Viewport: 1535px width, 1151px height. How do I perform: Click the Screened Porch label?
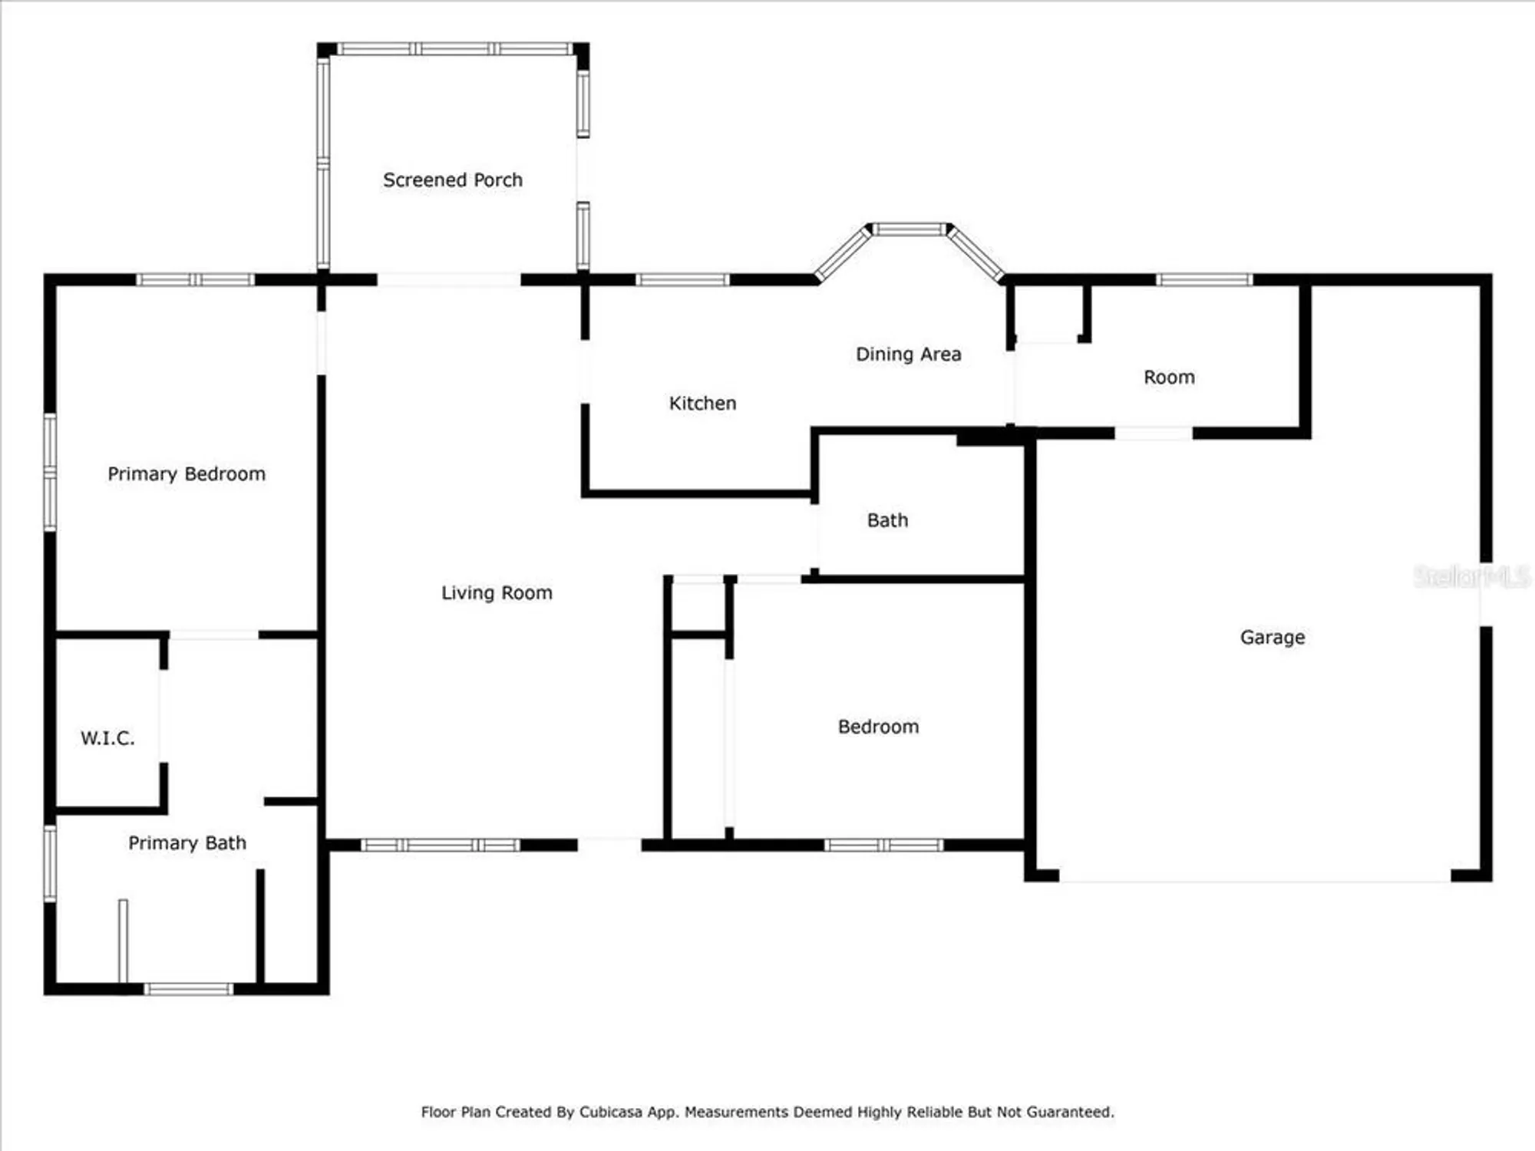(453, 180)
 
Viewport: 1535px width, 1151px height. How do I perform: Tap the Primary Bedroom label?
(187, 474)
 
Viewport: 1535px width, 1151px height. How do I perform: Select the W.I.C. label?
(107, 738)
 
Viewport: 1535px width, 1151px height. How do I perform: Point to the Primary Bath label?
(187, 843)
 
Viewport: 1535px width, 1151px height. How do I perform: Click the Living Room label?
(497, 593)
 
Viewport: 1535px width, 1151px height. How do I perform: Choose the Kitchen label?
(702, 404)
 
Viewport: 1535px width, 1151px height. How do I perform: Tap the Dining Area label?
(908, 355)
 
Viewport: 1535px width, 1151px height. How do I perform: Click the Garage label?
(1273, 638)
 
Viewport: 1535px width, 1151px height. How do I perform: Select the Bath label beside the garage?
(887, 520)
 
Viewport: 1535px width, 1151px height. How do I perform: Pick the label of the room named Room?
(1169, 378)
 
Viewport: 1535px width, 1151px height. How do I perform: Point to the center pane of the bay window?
(910, 229)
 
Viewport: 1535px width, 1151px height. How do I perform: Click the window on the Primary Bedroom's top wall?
(195, 280)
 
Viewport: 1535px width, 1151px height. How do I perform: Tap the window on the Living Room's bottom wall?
(441, 846)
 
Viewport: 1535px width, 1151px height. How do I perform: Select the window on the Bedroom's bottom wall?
(884, 846)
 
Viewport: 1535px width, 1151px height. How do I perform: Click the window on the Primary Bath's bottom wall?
(188, 989)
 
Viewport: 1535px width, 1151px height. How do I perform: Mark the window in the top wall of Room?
(1204, 280)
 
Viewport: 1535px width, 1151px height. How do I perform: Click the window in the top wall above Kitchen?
(682, 280)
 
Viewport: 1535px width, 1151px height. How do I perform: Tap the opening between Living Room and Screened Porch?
(449, 280)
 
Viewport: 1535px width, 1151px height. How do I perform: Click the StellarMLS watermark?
(1471, 577)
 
